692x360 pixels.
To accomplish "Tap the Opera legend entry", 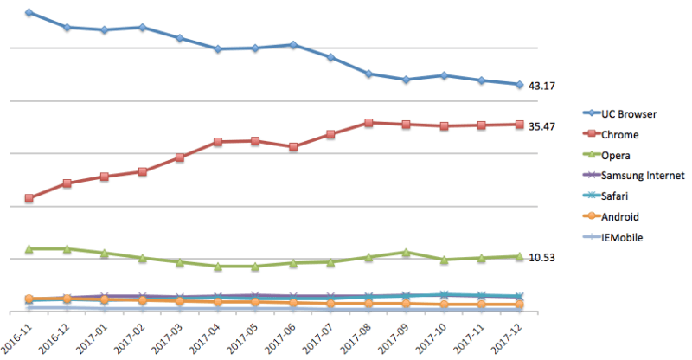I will [x=618, y=155].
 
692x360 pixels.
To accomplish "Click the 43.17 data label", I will [x=541, y=86].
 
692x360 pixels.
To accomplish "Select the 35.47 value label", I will [x=541, y=126].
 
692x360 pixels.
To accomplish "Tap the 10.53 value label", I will [x=541, y=258].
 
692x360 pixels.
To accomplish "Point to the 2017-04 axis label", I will [x=208, y=337].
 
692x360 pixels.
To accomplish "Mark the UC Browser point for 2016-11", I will [x=29, y=13].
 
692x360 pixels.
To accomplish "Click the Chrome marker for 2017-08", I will [x=368, y=123].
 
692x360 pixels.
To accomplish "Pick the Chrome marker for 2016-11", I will [x=29, y=198].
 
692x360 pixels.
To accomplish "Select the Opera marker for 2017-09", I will [x=406, y=252].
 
